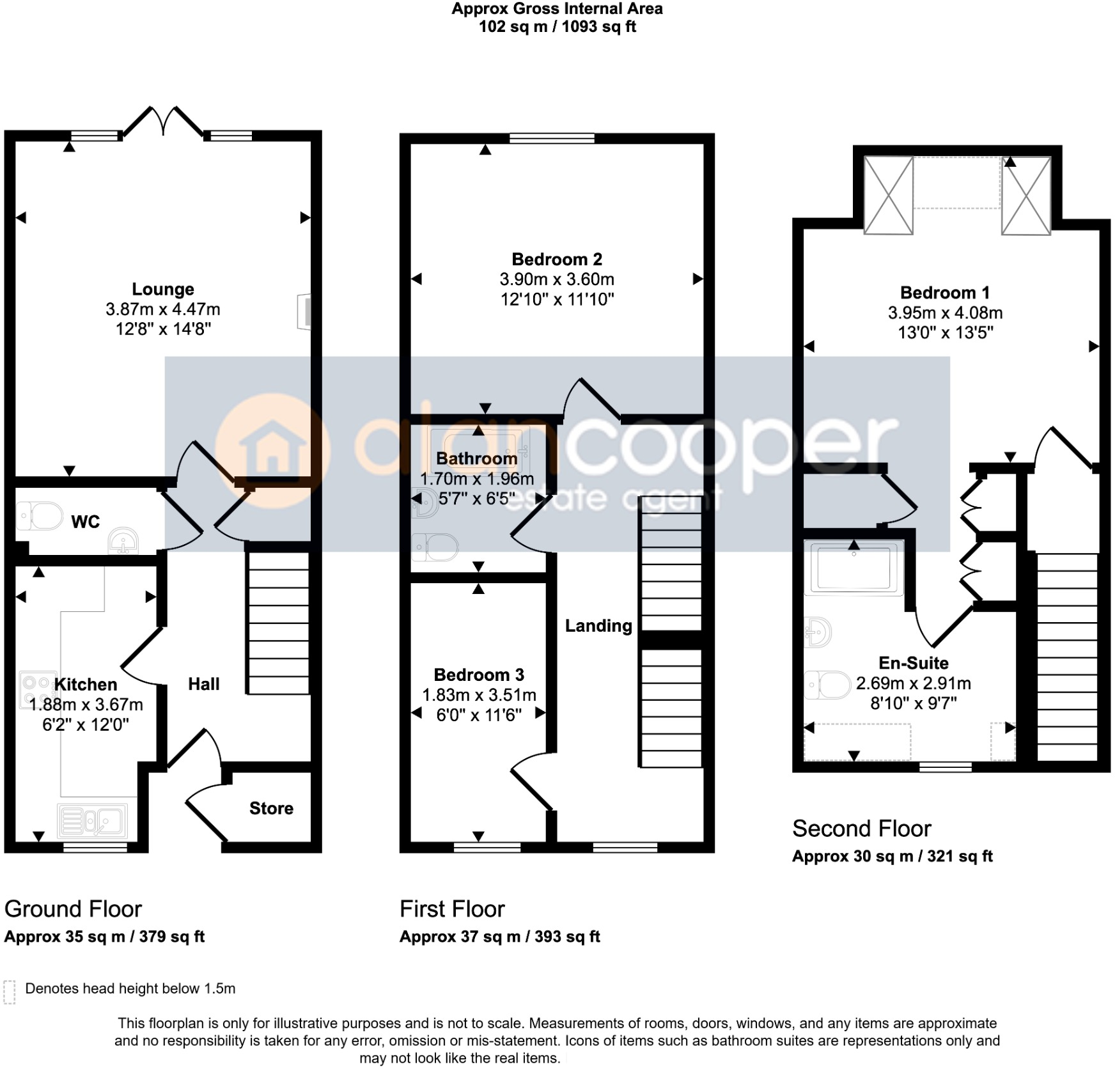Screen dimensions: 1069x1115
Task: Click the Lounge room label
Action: tap(163, 290)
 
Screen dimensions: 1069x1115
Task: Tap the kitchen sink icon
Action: tap(93, 820)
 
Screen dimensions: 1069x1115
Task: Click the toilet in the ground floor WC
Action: tap(40, 516)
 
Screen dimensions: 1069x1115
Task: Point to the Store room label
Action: tap(271, 808)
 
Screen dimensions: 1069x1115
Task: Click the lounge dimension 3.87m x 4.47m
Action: tap(163, 309)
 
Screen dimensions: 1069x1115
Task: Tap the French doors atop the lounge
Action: tap(164, 121)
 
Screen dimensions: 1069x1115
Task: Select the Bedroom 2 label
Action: tap(557, 260)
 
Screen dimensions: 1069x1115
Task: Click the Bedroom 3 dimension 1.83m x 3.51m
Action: tap(479, 695)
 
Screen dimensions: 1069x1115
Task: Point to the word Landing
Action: tap(598, 626)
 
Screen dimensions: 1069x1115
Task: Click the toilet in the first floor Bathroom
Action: tap(436, 547)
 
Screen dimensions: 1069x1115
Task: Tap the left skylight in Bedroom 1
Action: tap(888, 195)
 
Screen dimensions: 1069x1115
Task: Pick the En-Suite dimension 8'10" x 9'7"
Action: tap(913, 703)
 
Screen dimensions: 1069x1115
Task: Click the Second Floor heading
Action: tap(861, 829)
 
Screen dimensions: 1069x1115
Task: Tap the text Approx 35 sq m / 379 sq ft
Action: tap(104, 937)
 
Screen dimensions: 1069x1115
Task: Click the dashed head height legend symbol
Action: tap(9, 992)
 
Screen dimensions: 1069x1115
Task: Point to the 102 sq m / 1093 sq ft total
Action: tap(557, 27)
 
